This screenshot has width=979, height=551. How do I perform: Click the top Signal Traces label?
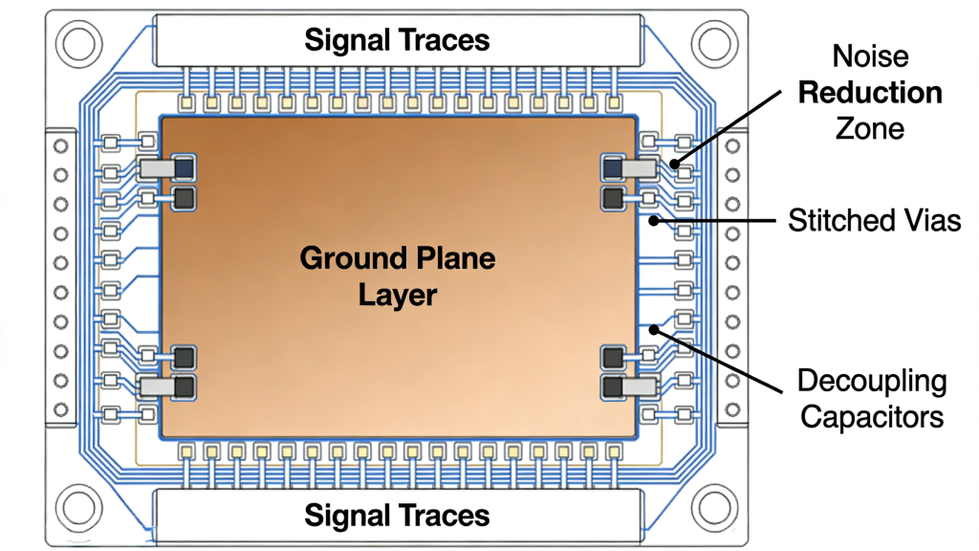[x=397, y=40]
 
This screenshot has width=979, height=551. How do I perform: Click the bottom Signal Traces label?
[x=397, y=516]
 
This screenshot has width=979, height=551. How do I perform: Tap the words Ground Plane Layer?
[x=398, y=275]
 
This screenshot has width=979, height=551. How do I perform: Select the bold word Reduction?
[x=870, y=93]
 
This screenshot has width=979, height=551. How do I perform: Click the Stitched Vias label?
[x=874, y=221]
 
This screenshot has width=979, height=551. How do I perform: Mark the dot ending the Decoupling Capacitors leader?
[x=654, y=330]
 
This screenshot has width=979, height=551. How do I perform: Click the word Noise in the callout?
[x=869, y=57]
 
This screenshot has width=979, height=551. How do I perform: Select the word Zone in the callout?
[x=870, y=127]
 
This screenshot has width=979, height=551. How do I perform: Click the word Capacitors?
[x=873, y=417]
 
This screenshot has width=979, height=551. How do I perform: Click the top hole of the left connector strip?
[x=60, y=146]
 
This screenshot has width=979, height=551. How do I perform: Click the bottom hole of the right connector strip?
[x=734, y=408]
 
